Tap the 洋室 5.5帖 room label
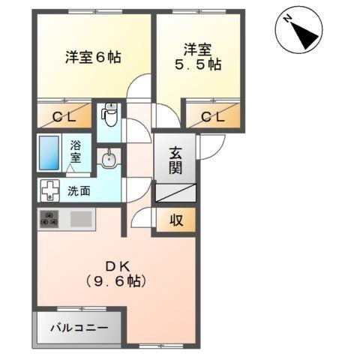click(x=198, y=58)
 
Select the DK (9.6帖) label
click(x=115, y=274)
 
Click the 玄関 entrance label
click(x=175, y=158)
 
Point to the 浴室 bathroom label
click(x=76, y=151)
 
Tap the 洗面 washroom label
click(x=79, y=190)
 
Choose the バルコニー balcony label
click(x=78, y=328)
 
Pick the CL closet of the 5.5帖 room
click(x=212, y=117)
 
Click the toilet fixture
click(x=109, y=115)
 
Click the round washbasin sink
click(x=109, y=159)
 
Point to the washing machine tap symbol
click(x=49, y=190)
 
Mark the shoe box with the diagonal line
click(x=175, y=192)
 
